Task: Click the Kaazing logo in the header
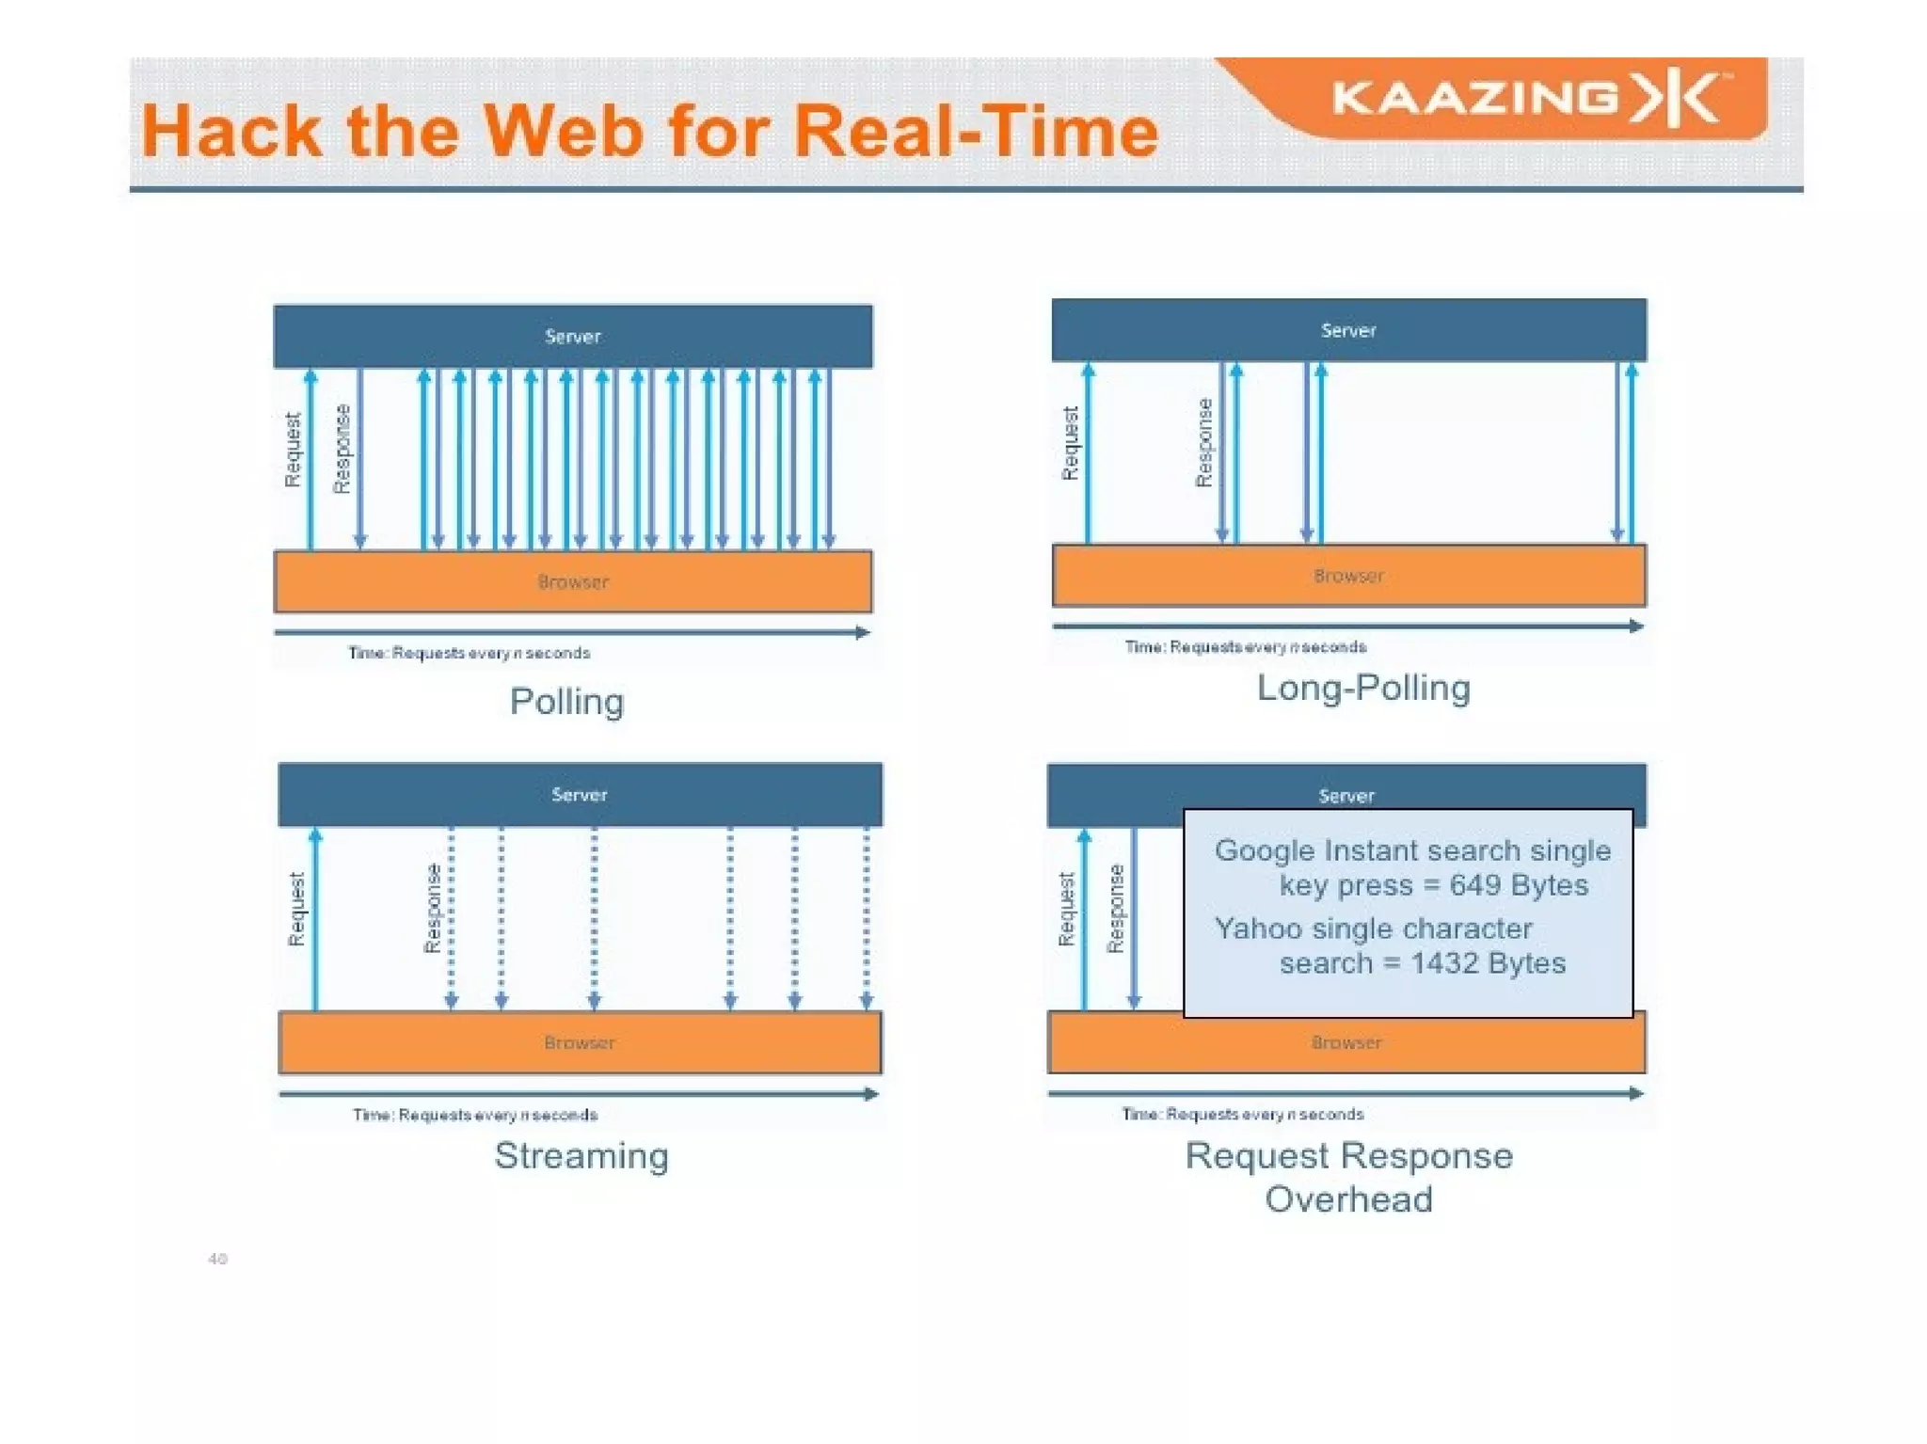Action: (x=1529, y=99)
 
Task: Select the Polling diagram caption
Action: (x=566, y=702)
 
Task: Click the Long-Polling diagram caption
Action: (x=1363, y=688)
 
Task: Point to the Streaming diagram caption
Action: (x=581, y=1155)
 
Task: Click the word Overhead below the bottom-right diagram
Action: (x=1348, y=1199)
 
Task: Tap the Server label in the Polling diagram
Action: (x=572, y=337)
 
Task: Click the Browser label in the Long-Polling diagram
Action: (x=1348, y=576)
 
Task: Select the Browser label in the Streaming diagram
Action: (x=580, y=1042)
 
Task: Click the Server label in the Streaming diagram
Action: (x=580, y=795)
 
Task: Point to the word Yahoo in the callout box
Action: (x=1257, y=928)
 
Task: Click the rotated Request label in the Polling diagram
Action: (x=293, y=450)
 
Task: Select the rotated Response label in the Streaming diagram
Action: (x=432, y=909)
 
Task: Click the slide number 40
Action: (x=217, y=1259)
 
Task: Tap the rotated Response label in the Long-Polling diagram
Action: (x=1203, y=442)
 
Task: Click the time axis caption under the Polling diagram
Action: (x=470, y=653)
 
